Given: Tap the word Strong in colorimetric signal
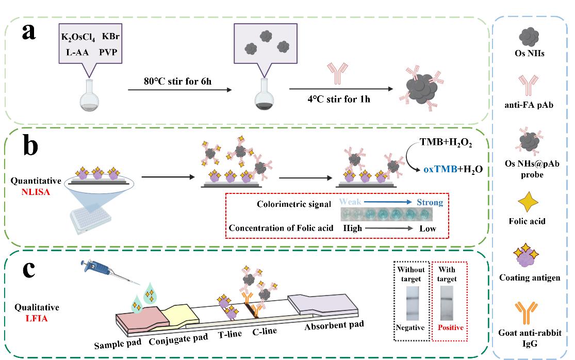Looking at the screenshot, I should point(429,203).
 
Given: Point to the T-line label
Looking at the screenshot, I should point(231,335).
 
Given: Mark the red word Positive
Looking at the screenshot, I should point(451,328).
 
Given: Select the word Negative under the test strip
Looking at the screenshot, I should point(410,328).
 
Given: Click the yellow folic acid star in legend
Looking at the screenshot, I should point(529,201).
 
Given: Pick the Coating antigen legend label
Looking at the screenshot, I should point(529,278).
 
